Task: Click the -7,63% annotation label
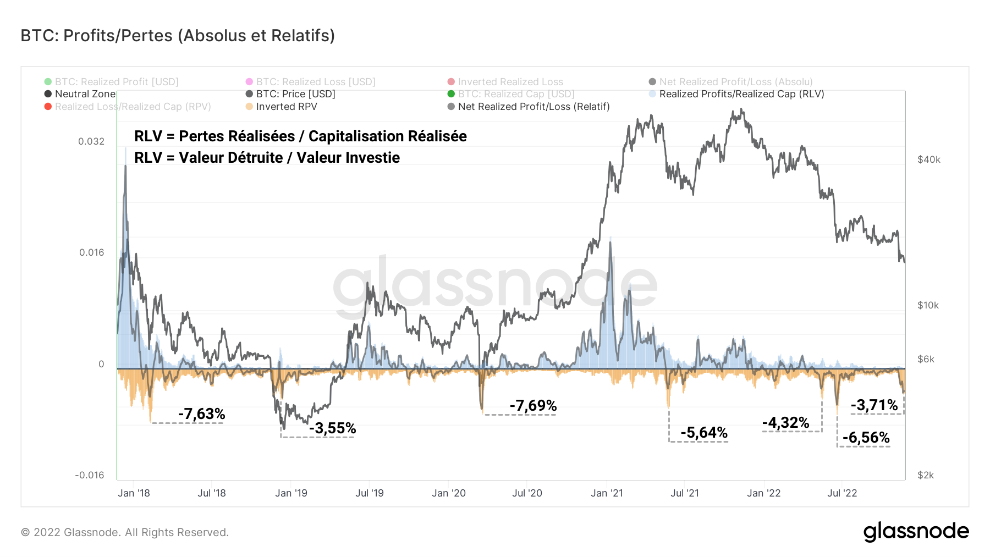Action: click(x=201, y=413)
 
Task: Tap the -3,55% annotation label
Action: click(x=332, y=428)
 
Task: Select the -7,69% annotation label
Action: click(x=533, y=406)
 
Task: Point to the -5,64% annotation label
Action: click(x=703, y=433)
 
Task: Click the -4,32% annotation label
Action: click(x=785, y=423)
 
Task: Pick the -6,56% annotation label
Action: click(x=866, y=438)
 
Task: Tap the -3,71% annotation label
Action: click(x=874, y=405)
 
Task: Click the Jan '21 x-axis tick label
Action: click(x=607, y=493)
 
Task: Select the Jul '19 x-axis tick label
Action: click(x=369, y=493)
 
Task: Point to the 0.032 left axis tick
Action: click(x=91, y=141)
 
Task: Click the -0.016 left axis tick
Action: click(x=89, y=475)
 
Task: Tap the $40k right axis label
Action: click(x=928, y=159)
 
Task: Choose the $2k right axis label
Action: click(x=925, y=475)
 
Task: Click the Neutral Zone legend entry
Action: click(x=85, y=94)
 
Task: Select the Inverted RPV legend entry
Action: click(x=286, y=107)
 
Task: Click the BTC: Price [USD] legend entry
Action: click(x=295, y=94)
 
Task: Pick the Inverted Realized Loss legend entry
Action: click(x=510, y=82)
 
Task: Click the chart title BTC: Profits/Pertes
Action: click(x=178, y=36)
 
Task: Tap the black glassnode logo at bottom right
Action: click(x=916, y=532)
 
